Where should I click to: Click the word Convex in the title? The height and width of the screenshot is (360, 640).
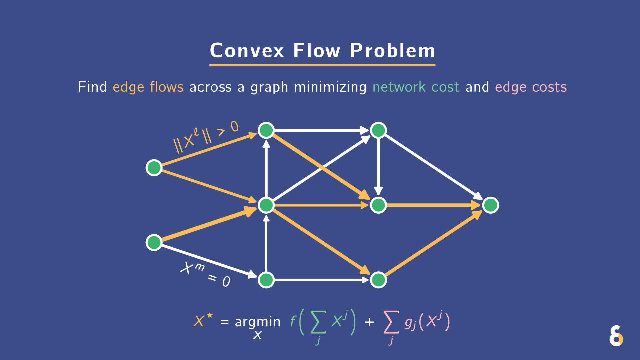click(x=247, y=51)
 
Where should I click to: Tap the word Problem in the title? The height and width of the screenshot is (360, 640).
click(x=392, y=51)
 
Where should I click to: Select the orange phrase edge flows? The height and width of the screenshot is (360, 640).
click(x=148, y=87)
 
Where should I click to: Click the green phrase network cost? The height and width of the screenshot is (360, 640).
click(x=416, y=87)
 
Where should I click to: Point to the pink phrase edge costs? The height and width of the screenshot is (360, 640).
click(x=531, y=87)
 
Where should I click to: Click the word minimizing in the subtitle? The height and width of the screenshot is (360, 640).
click(x=330, y=87)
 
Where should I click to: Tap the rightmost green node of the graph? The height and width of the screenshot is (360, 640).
click(x=490, y=205)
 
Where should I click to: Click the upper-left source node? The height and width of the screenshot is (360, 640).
click(x=154, y=167)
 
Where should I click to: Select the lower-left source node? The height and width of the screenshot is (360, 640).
click(x=154, y=242)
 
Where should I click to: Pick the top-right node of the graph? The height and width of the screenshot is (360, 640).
click(x=378, y=130)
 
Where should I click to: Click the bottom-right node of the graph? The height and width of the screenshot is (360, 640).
click(x=378, y=280)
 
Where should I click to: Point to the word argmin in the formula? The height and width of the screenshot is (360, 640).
click(x=257, y=322)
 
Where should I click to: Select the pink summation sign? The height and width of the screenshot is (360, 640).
click(x=391, y=322)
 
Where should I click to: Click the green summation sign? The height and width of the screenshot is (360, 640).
click(x=318, y=322)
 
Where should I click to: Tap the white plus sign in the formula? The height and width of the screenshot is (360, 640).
click(x=369, y=322)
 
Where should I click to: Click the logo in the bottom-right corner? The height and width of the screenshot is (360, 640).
click(x=616, y=336)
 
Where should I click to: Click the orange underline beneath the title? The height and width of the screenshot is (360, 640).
click(x=322, y=65)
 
